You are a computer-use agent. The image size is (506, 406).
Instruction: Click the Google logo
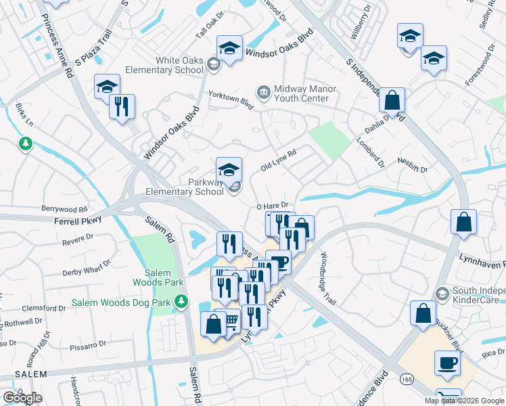(22, 398)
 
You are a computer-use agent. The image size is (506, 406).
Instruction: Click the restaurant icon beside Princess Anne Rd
(122, 106)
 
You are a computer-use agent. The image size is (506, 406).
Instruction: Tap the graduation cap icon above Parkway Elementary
(229, 169)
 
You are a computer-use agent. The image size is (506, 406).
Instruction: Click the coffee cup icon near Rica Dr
(446, 363)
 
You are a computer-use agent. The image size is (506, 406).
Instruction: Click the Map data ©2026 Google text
(464, 401)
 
